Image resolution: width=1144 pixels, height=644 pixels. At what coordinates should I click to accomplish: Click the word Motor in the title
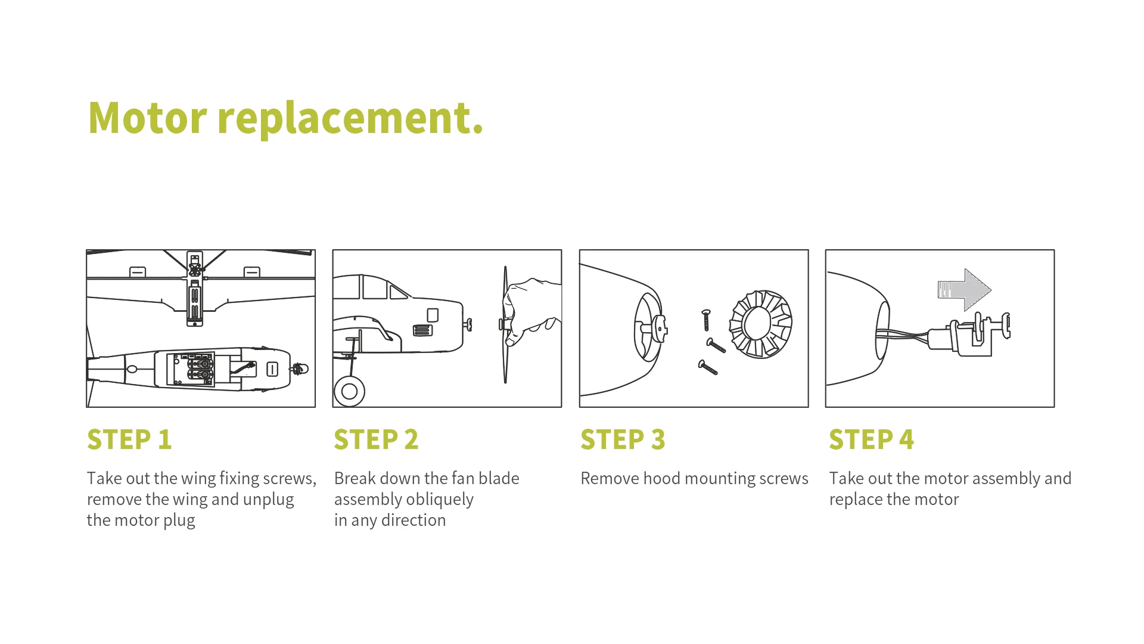point(147,117)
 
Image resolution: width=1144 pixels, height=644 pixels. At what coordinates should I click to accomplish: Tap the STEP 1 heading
point(129,440)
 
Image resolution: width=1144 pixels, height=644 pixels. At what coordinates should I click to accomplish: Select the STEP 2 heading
point(376,440)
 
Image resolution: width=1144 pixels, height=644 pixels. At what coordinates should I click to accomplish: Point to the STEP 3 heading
point(623,440)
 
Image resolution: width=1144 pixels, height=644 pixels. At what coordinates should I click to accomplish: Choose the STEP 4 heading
point(871,440)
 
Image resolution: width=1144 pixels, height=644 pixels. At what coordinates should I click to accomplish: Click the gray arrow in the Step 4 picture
point(964,290)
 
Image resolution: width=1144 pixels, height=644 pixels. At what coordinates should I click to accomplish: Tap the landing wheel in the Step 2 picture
point(350,392)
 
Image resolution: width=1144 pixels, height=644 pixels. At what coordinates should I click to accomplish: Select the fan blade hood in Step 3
point(761,324)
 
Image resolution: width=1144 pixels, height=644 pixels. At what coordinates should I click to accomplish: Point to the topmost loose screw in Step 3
point(707,319)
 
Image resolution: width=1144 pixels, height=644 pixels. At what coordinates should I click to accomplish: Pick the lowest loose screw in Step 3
point(708,367)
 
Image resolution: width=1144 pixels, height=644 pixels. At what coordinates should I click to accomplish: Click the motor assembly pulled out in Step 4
point(971,337)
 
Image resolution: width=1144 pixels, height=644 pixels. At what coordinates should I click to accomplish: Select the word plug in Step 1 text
point(179,521)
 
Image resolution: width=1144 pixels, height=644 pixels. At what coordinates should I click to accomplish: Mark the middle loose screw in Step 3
point(716,345)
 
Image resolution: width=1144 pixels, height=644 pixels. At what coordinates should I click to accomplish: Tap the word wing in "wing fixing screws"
point(198,478)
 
